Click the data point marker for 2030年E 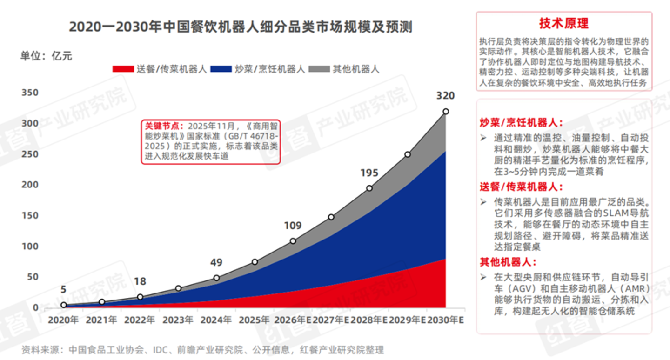coord(446,112)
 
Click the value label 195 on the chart coord(369,173)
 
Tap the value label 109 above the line coord(293,226)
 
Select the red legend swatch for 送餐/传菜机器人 coord(123,69)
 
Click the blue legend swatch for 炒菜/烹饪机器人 coord(221,69)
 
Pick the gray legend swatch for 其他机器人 coord(319,69)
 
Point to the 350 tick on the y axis coord(30,93)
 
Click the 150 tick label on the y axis coord(30,216)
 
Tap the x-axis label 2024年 coord(216,320)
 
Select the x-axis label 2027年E coord(331,320)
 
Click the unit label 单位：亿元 coord(47,56)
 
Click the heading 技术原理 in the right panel coord(564,23)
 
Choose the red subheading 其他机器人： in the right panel coord(508,262)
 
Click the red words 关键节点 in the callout coord(162,126)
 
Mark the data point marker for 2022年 coord(140,297)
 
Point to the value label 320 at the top coord(445,96)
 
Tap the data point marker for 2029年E coord(408,154)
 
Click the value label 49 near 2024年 coord(216,262)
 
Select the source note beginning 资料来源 coord(202,350)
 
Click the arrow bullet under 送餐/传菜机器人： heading coord(483,202)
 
